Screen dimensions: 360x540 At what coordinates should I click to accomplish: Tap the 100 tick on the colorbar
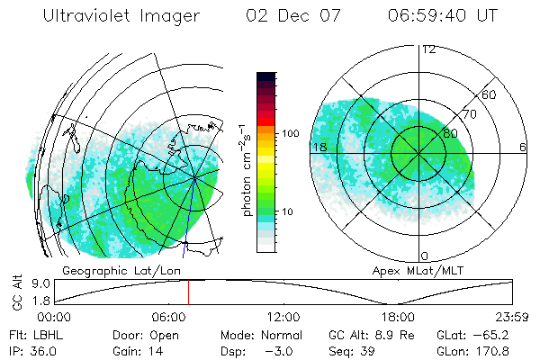pos(290,133)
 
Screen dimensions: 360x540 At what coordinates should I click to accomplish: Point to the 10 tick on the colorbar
pos(287,212)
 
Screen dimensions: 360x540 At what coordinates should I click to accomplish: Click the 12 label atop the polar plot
pos(429,49)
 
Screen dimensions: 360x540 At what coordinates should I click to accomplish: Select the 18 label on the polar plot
pos(319,147)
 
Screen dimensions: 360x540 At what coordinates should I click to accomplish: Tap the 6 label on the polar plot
pos(523,147)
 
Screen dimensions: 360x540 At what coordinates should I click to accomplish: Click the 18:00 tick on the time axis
pos(399,317)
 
